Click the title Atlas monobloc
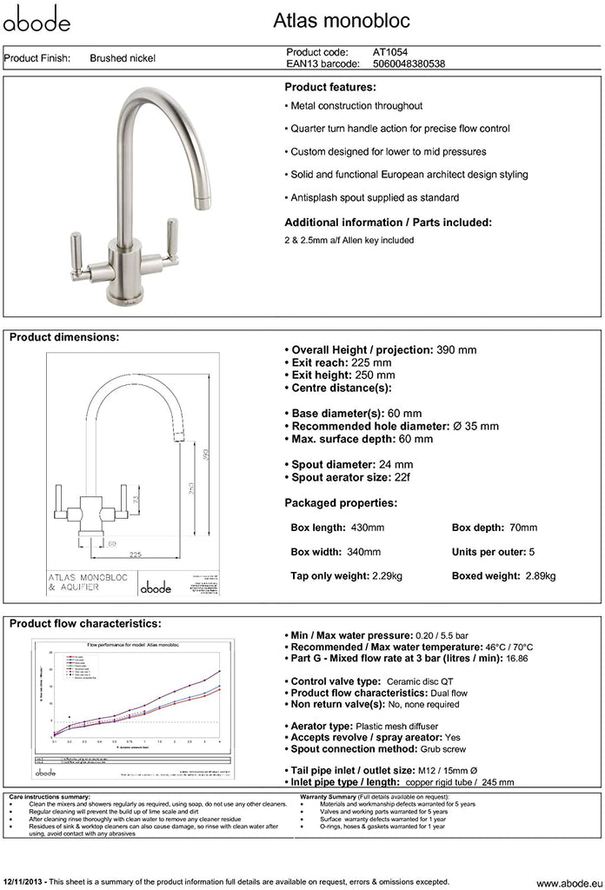point(354,20)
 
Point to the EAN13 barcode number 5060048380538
point(409,63)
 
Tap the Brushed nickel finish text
point(123,59)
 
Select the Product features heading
point(330,88)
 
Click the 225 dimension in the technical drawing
point(136,554)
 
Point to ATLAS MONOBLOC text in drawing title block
point(85,577)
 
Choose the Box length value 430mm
point(366,528)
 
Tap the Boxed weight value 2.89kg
point(541,575)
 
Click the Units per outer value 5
point(531,552)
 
